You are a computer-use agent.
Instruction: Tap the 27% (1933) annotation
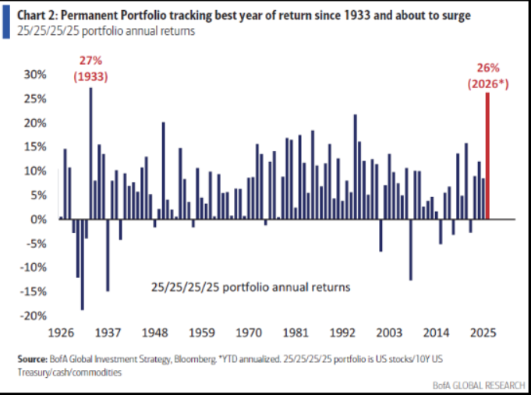(x=91, y=69)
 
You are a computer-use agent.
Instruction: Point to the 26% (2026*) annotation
(x=487, y=75)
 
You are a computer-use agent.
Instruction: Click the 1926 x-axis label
(x=61, y=331)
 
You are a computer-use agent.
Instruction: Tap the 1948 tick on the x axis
(x=155, y=331)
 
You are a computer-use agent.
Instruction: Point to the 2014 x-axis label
(x=439, y=331)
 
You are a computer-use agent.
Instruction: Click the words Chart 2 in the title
(x=37, y=15)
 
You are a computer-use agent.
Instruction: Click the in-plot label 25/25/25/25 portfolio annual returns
(x=250, y=287)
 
